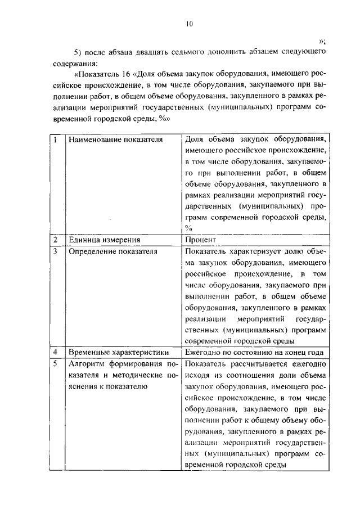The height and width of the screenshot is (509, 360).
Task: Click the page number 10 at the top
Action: (x=189, y=23)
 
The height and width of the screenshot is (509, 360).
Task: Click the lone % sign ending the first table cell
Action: (x=188, y=227)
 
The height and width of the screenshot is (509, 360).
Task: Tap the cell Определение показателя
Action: (x=112, y=251)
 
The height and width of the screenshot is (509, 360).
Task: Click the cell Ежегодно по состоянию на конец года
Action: (x=253, y=352)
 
